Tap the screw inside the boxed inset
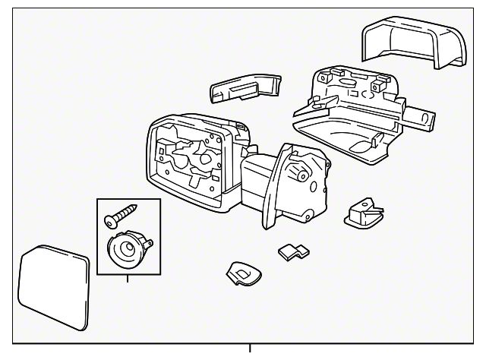click(119, 214)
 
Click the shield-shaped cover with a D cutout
click(244, 273)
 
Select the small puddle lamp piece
click(362, 212)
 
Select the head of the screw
click(109, 220)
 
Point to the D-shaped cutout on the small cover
click(241, 272)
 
